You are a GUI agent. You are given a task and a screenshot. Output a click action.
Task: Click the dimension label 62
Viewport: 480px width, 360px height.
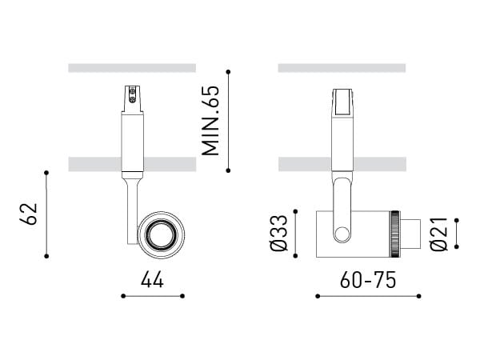click(x=29, y=214)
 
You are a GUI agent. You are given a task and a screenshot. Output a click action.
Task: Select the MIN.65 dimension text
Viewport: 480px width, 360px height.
click(x=210, y=121)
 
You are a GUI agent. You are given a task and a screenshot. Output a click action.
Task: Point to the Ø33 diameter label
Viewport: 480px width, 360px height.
click(x=279, y=234)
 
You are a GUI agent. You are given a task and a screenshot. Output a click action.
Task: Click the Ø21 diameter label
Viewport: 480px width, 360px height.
click(x=438, y=234)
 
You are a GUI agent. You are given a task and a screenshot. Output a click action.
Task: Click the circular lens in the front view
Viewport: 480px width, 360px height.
click(x=161, y=234)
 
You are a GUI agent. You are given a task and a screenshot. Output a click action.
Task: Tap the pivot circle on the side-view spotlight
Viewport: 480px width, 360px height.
click(x=342, y=234)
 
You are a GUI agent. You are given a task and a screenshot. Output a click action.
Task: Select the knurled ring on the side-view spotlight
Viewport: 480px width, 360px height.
click(x=394, y=234)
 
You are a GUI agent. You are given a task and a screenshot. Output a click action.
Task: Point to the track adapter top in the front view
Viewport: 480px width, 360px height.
click(x=132, y=98)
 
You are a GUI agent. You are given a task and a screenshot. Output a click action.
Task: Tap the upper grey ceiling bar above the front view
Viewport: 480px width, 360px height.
click(x=132, y=68)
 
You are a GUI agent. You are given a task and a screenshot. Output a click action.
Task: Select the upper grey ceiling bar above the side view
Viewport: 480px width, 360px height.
click(x=342, y=68)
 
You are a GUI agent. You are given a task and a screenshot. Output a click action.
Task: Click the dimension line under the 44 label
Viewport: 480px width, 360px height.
click(x=153, y=296)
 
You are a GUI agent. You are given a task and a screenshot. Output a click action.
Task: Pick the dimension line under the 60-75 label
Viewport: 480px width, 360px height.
click(x=368, y=296)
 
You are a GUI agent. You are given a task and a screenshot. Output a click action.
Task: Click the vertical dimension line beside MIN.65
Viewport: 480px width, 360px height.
click(x=229, y=121)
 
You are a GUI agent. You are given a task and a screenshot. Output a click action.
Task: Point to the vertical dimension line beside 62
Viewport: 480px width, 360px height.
click(x=47, y=214)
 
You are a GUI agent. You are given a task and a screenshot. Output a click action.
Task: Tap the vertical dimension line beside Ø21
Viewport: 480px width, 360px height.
click(x=457, y=234)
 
